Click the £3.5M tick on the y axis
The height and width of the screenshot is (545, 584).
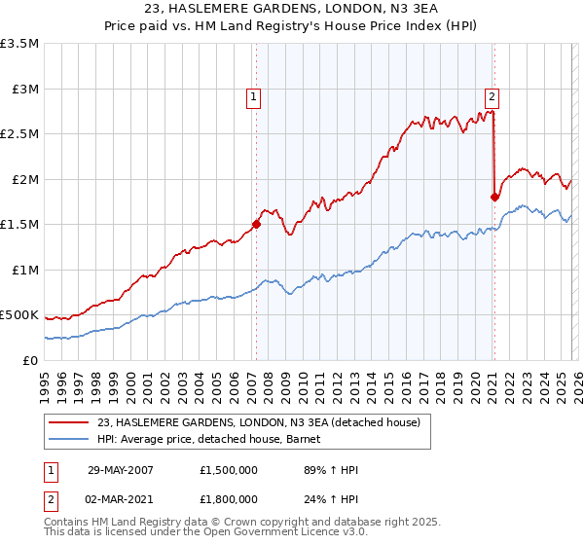click(x=19, y=44)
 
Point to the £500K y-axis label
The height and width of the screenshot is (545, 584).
click(x=19, y=315)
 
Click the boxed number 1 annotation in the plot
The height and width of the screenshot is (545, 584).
click(x=253, y=96)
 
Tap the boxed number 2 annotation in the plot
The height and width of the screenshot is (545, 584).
click(x=493, y=96)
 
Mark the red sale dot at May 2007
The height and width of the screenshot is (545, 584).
click(x=257, y=224)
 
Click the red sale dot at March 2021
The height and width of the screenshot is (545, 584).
click(x=494, y=197)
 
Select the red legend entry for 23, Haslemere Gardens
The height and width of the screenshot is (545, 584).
click(x=258, y=422)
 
